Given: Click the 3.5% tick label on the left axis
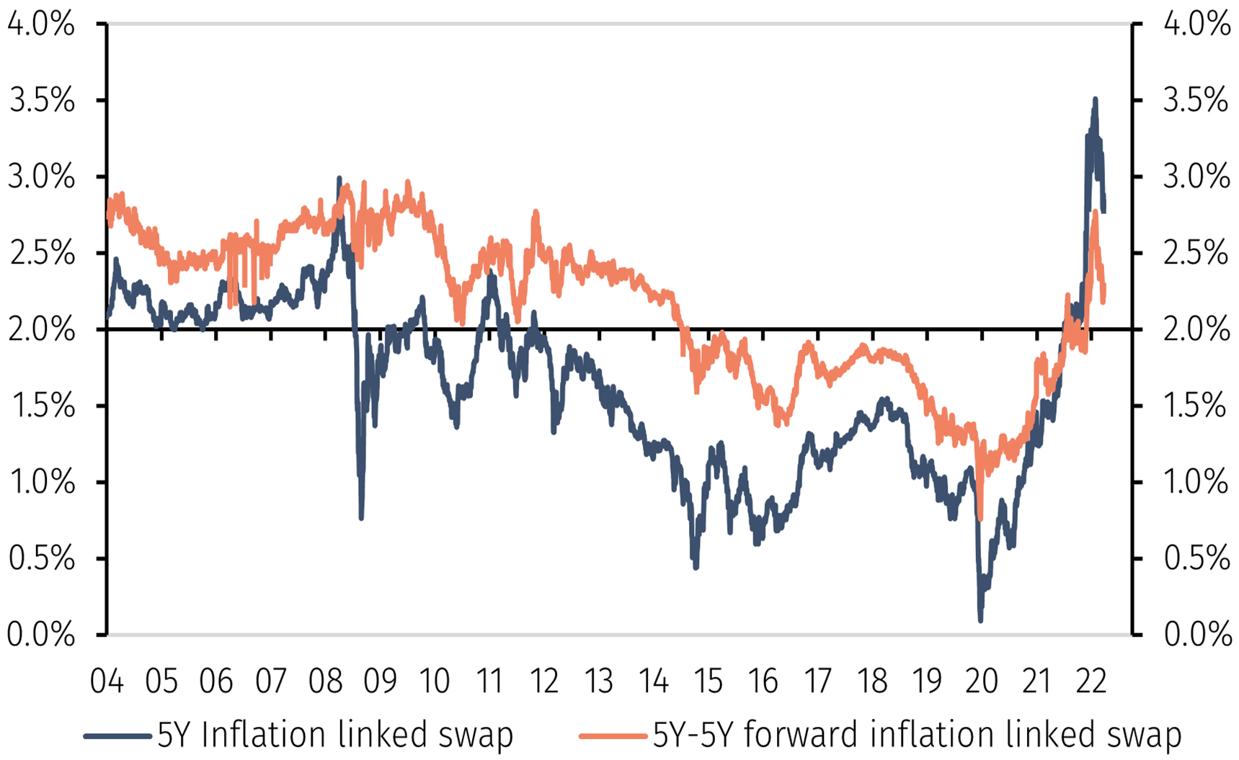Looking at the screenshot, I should pyautogui.click(x=41, y=101).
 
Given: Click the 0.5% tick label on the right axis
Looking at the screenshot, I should pyautogui.click(x=1196, y=558).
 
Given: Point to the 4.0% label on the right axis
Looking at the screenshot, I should pyautogui.click(x=1196, y=24).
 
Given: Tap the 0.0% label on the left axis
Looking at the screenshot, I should pyautogui.click(x=41, y=635).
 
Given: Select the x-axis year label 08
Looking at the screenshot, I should pyautogui.click(x=325, y=681).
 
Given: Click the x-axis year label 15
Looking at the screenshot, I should pyautogui.click(x=708, y=681).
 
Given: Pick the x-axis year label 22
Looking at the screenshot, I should pyautogui.click(x=1091, y=681).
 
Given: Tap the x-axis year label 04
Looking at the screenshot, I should pyautogui.click(x=107, y=681).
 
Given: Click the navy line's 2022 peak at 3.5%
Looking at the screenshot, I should pyautogui.click(x=1095, y=99).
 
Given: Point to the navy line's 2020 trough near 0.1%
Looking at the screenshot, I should pyautogui.click(x=980, y=619).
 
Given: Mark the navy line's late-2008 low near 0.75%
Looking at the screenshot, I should pyautogui.click(x=361, y=517).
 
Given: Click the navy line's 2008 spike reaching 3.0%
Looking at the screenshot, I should pyautogui.click(x=339, y=178).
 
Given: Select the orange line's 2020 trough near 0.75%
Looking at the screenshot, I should pyautogui.click(x=980, y=517).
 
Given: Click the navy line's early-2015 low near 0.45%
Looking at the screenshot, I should pyautogui.click(x=696, y=567).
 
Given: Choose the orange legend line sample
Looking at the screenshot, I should pyautogui.click(x=613, y=736).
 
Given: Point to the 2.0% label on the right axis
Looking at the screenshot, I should pyautogui.click(x=1196, y=329).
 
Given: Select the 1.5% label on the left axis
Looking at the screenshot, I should pyautogui.click(x=41, y=406).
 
